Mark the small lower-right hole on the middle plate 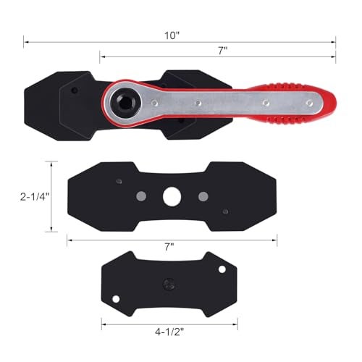tap(226, 211)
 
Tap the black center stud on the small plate tap(168, 282)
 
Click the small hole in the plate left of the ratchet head tap(74, 91)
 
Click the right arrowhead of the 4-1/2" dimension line tap(240, 323)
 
